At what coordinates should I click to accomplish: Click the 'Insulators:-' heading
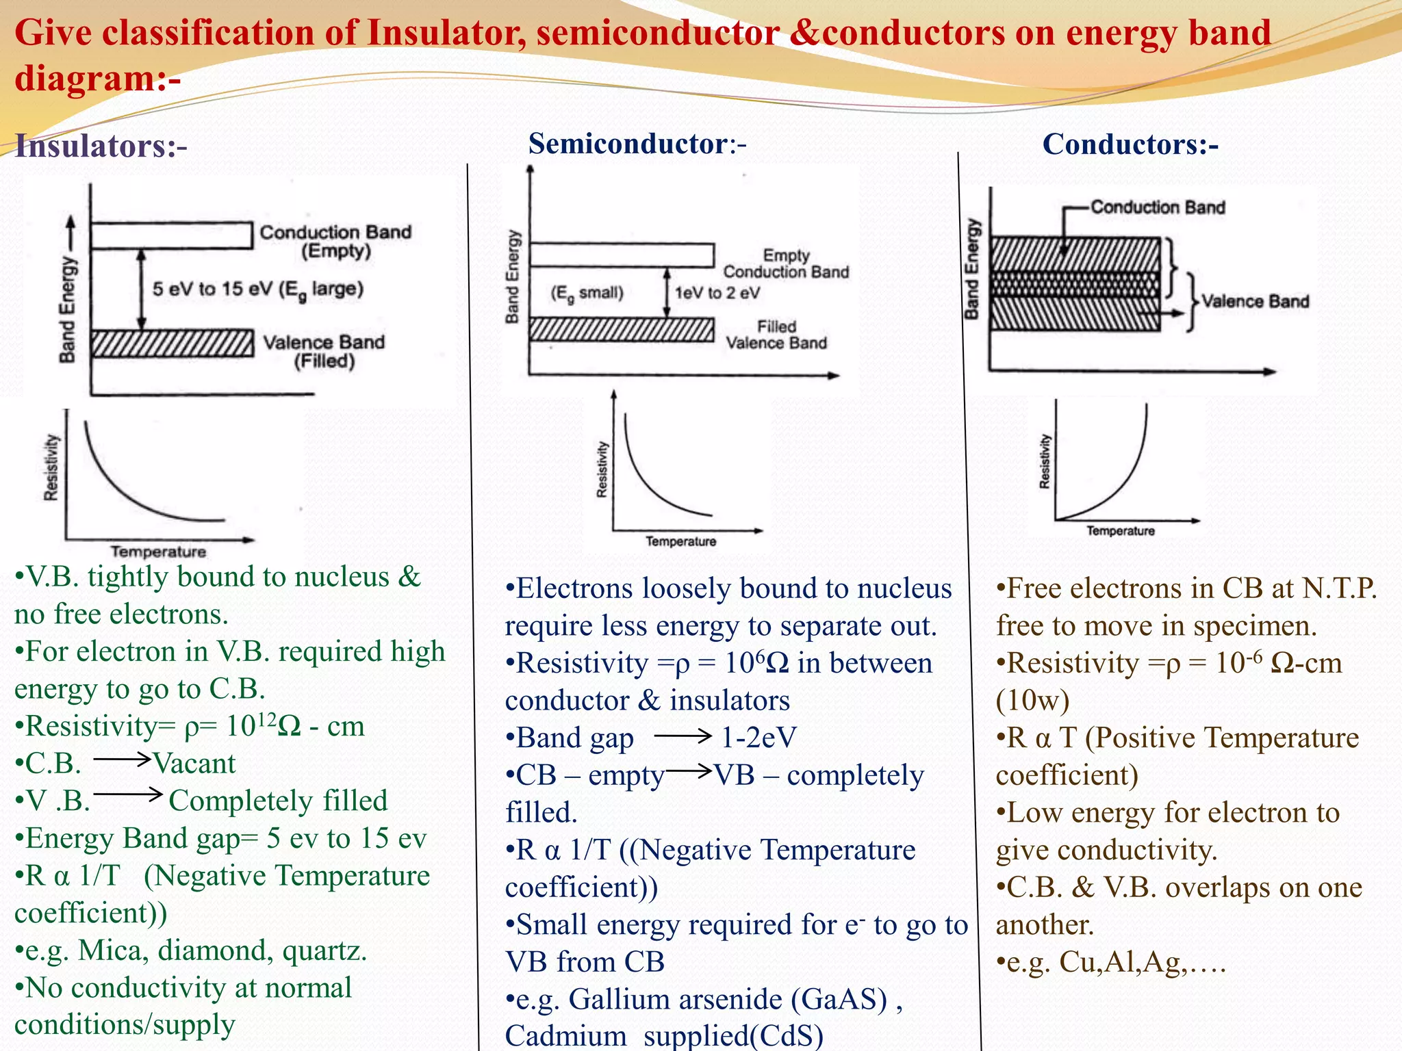pyautogui.click(x=101, y=146)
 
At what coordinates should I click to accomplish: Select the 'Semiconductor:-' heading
pyautogui.click(x=637, y=144)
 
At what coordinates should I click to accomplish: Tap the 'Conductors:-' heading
pyautogui.click(x=1130, y=144)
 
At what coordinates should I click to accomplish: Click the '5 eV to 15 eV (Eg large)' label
pyautogui.click(x=257, y=289)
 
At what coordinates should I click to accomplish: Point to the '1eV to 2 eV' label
pyautogui.click(x=717, y=293)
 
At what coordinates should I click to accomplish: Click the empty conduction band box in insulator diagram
pyautogui.click(x=172, y=235)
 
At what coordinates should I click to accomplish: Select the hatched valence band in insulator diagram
pyautogui.click(x=172, y=343)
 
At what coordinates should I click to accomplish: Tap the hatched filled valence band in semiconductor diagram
pyautogui.click(x=622, y=329)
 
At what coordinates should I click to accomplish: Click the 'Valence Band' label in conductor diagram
pyautogui.click(x=1256, y=301)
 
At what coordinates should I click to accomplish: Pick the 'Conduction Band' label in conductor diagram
pyautogui.click(x=1158, y=207)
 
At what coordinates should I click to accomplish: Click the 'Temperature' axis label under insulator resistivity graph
pyautogui.click(x=158, y=552)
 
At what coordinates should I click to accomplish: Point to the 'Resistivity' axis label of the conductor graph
pyautogui.click(x=1044, y=461)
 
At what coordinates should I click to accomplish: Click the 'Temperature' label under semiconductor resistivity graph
pyautogui.click(x=680, y=541)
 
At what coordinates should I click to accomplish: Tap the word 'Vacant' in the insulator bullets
pyautogui.click(x=194, y=763)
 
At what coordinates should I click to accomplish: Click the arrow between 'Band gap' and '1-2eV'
pyautogui.click(x=683, y=736)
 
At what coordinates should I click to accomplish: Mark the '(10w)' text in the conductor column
pyautogui.click(x=1033, y=700)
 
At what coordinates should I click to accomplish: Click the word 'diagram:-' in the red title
pyautogui.click(x=98, y=77)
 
